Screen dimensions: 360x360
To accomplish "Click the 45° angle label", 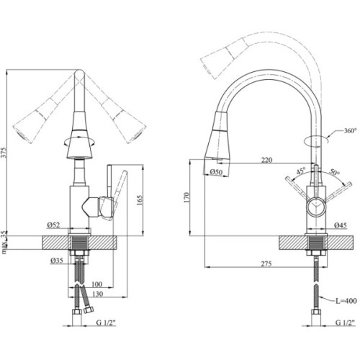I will point(300,171).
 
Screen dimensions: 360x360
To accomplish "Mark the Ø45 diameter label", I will point(343,226).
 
